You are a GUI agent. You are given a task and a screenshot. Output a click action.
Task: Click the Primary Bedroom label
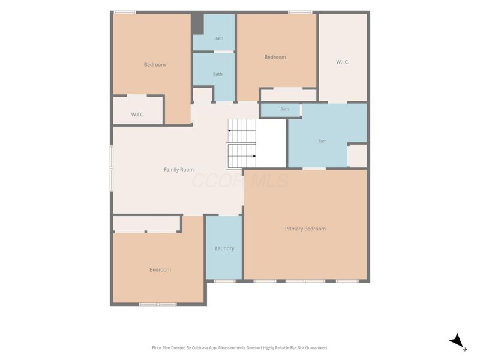coord(305,229)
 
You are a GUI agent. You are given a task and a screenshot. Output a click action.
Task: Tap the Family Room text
coord(179,170)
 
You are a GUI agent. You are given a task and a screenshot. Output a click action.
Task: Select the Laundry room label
coord(224,248)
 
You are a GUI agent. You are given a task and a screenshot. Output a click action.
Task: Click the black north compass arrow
coord(457,340)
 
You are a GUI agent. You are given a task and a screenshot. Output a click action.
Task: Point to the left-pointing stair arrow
coord(242,131)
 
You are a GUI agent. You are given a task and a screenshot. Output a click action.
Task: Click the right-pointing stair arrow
coord(242,156)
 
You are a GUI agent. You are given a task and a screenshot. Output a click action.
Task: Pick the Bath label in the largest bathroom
coord(322,141)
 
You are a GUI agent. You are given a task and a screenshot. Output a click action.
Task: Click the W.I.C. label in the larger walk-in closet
coord(343,62)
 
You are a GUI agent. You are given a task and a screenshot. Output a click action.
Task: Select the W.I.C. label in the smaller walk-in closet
coord(138,115)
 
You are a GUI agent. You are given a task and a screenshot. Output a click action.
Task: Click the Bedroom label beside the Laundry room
coord(160,269)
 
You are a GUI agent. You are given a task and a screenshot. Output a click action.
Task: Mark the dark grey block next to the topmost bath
coord(197,24)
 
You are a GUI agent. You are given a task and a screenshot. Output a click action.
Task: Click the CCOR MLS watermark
coord(241,181)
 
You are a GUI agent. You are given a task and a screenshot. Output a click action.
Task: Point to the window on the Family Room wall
coord(112,169)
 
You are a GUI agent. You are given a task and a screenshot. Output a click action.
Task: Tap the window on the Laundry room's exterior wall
coord(224,281)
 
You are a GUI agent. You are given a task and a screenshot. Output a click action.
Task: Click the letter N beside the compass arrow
coord(465,349)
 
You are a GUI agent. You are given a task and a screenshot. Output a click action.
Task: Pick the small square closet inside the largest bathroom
coord(357,156)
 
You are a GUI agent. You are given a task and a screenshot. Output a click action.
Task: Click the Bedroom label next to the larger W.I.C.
coord(275,57)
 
